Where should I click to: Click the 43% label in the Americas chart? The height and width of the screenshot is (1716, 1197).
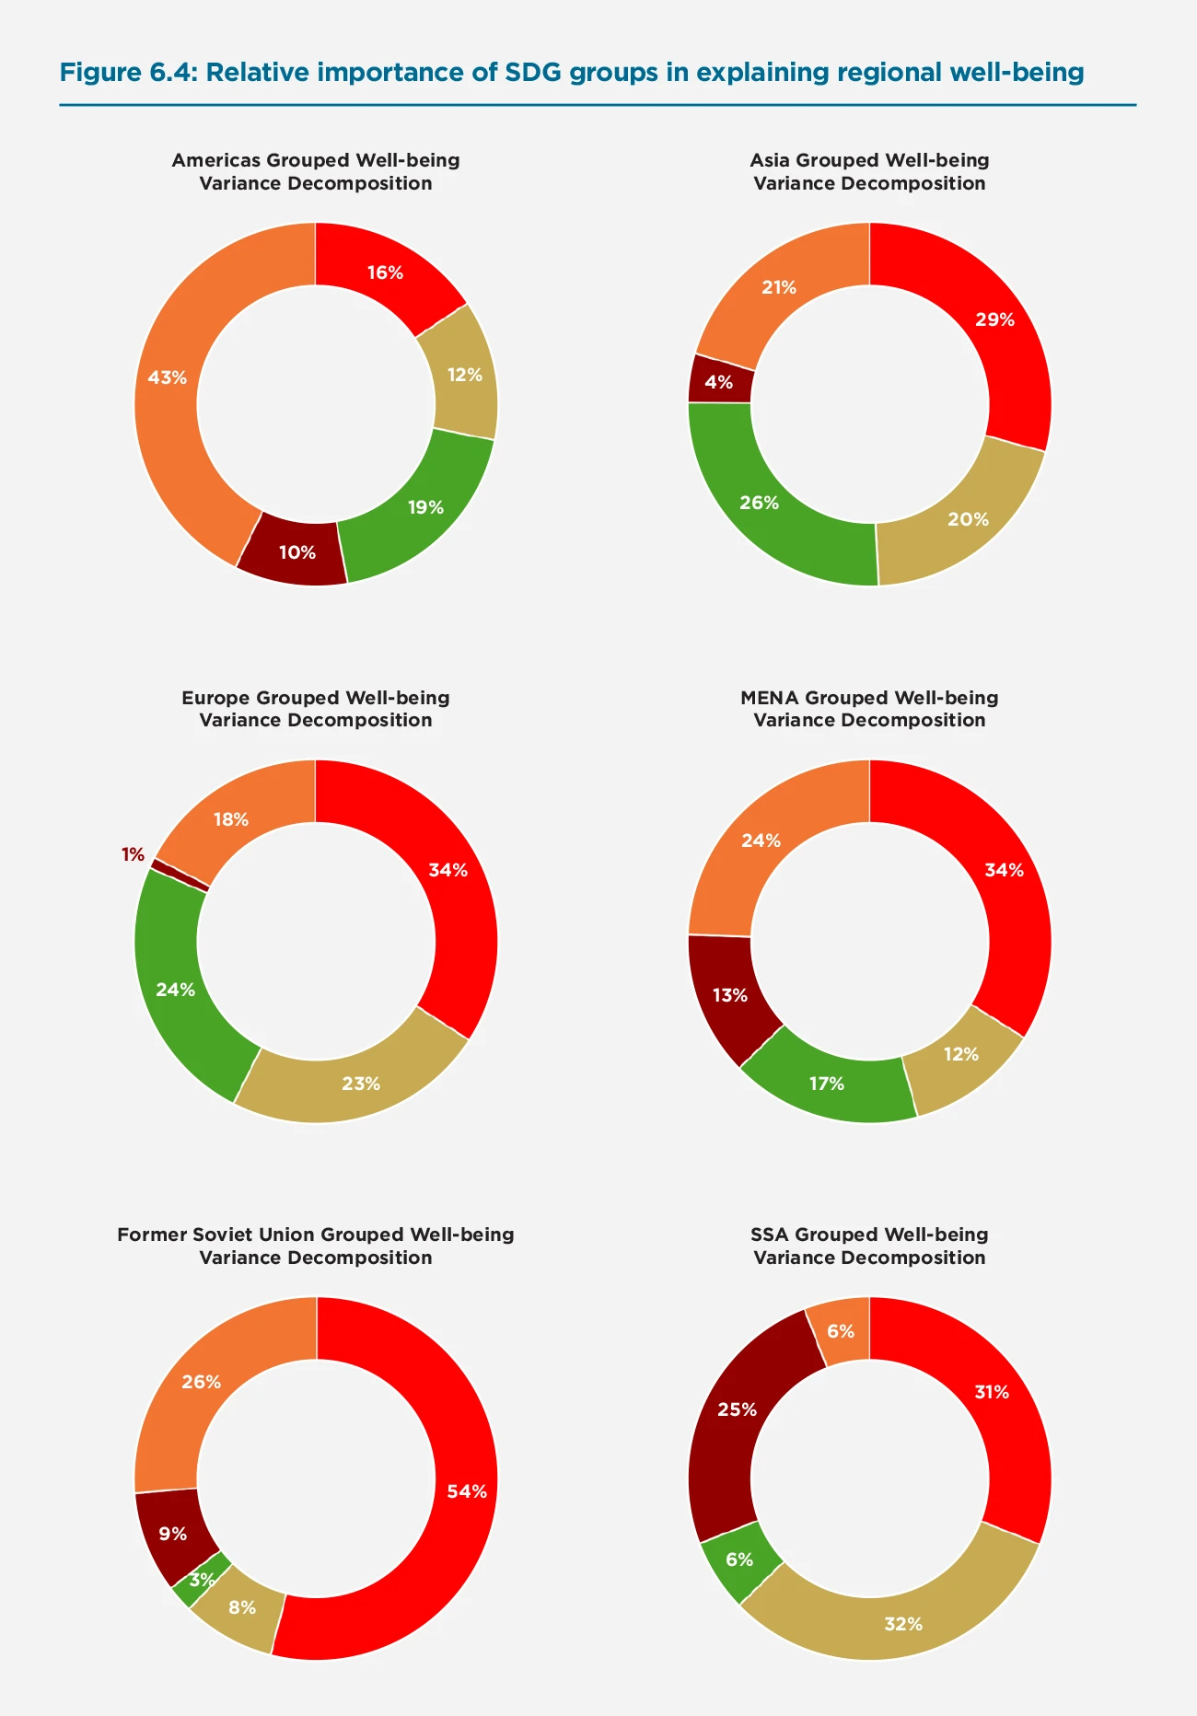click(167, 377)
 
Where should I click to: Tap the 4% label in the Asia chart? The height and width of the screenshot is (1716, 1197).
click(719, 382)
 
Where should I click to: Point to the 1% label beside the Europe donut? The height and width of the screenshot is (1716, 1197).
click(133, 854)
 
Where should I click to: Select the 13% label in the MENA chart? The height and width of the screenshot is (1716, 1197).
click(729, 995)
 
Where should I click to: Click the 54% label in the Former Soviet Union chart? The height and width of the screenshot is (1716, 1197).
click(467, 1491)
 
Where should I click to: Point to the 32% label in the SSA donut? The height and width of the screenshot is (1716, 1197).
click(903, 1624)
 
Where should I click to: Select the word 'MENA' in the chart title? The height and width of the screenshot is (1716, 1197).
click(769, 698)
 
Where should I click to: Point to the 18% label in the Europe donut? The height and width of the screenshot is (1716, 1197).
click(230, 819)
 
